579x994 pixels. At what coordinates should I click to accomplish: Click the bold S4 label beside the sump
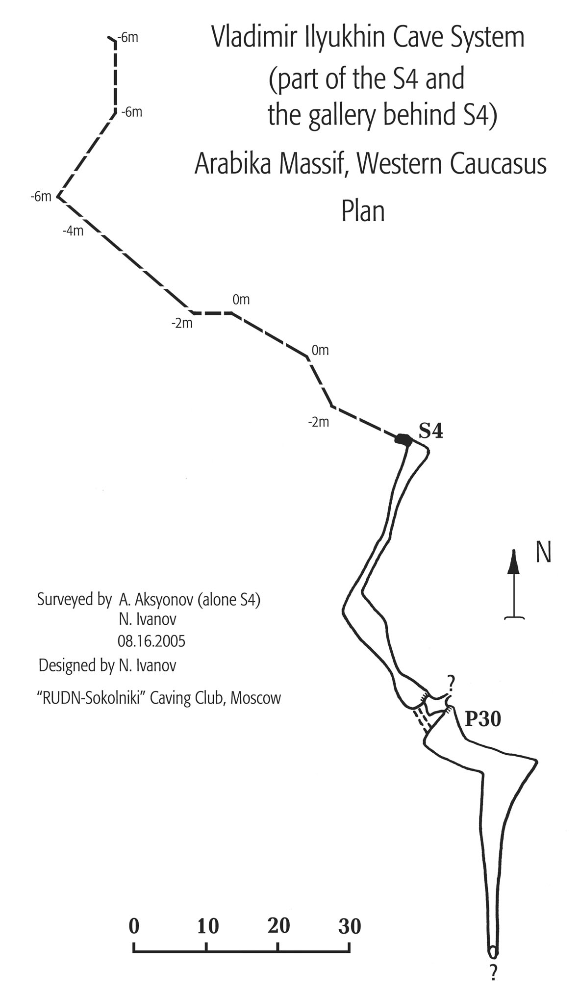[x=430, y=431]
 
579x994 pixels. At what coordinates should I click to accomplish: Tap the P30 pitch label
[x=482, y=719]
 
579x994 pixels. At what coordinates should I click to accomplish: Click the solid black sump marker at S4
[x=403, y=439]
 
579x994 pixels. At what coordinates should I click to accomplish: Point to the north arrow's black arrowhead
[x=513, y=561]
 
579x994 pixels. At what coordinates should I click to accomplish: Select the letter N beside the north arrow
[x=543, y=552]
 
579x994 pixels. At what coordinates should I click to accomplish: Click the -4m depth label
[x=73, y=231]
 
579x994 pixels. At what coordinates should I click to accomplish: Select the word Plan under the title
[x=363, y=212]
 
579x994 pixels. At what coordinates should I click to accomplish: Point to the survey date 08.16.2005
[x=151, y=641]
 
